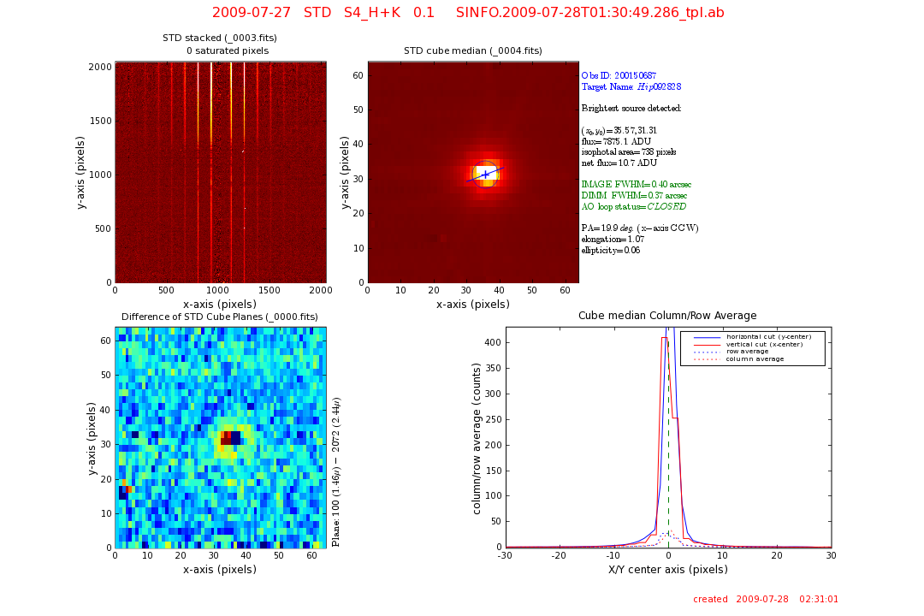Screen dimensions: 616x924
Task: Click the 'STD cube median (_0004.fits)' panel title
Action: [x=472, y=51]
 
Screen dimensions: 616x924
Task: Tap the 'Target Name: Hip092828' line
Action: [x=631, y=87]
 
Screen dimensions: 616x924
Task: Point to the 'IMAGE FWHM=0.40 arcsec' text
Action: [x=636, y=185]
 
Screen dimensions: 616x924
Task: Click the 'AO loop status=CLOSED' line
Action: [x=633, y=207]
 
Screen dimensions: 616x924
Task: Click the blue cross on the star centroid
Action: [x=486, y=174]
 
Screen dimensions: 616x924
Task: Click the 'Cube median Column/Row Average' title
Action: [x=667, y=316]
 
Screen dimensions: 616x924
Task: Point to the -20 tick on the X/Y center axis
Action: [x=560, y=555]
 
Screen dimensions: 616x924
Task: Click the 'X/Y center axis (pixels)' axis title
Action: [x=667, y=570]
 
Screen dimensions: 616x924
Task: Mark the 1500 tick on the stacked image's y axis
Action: [x=101, y=121]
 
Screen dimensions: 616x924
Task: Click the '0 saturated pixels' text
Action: [x=228, y=51]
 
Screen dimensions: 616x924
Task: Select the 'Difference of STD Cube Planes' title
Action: [x=220, y=317]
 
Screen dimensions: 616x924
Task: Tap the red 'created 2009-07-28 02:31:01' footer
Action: [x=766, y=600]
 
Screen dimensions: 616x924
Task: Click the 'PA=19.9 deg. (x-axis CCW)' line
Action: [x=640, y=228]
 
